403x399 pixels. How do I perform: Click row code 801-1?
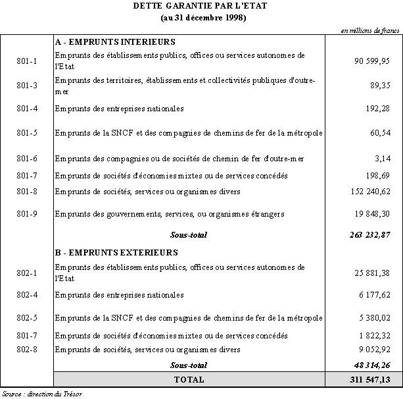click(x=26, y=61)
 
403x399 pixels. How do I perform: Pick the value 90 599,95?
click(x=373, y=61)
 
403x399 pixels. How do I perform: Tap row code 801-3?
click(x=26, y=86)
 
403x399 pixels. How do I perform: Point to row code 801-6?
click(x=26, y=159)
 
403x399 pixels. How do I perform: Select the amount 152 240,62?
click(x=371, y=192)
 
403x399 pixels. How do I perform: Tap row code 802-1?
click(x=26, y=272)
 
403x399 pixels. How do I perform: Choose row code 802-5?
click(x=26, y=318)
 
